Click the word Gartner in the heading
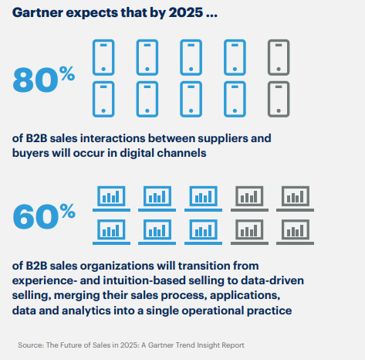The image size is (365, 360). point(38,12)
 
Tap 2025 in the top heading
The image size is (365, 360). point(186,12)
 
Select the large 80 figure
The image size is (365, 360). point(35,80)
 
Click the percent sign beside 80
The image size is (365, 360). point(67,73)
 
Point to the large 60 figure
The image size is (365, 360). point(35,217)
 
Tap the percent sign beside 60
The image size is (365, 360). point(67,211)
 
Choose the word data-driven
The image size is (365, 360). point(272,280)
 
